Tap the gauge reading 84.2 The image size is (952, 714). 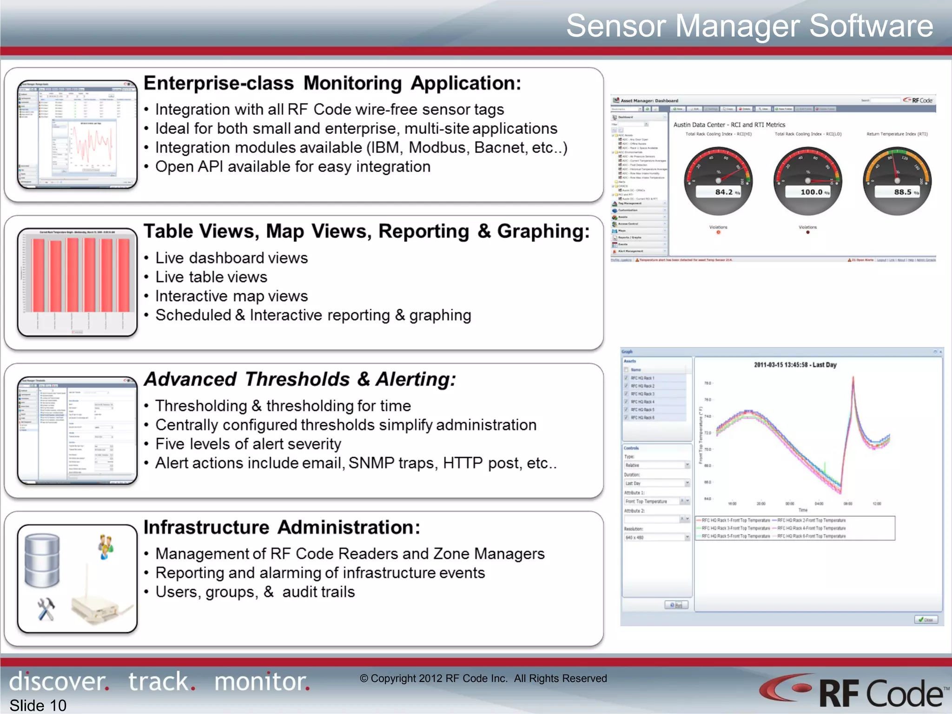tap(723, 192)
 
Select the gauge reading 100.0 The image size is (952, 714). tap(811, 192)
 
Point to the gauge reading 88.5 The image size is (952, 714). tap(902, 192)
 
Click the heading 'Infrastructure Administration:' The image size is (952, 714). tap(282, 528)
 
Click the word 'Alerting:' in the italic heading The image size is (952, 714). tap(416, 379)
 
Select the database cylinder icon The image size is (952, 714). tap(42, 560)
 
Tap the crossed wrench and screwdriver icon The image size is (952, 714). tap(46, 609)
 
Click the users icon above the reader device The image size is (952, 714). tap(106, 547)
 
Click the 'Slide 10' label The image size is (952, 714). tap(38, 705)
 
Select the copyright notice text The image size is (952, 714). tap(483, 679)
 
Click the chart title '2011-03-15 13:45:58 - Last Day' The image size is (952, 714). tap(795, 365)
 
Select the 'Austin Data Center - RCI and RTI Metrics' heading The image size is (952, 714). tap(729, 125)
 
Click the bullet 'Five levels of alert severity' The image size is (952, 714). tap(248, 444)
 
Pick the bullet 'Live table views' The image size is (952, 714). tap(211, 277)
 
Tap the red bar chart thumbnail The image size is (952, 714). tap(77, 282)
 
